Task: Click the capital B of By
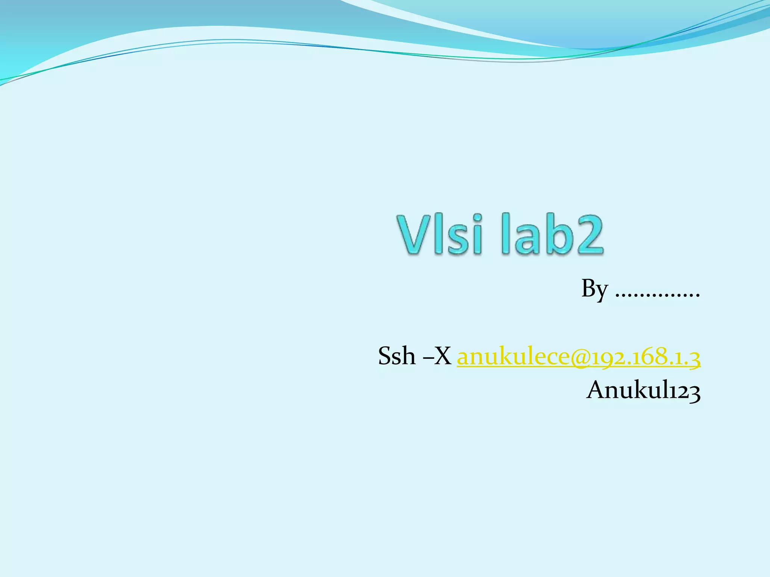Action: pyautogui.click(x=589, y=288)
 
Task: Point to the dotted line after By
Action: pyautogui.click(x=658, y=295)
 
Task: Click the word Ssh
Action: pyautogui.click(x=397, y=356)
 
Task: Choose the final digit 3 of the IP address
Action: pyautogui.click(x=695, y=358)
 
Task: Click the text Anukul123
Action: pyautogui.click(x=643, y=390)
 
